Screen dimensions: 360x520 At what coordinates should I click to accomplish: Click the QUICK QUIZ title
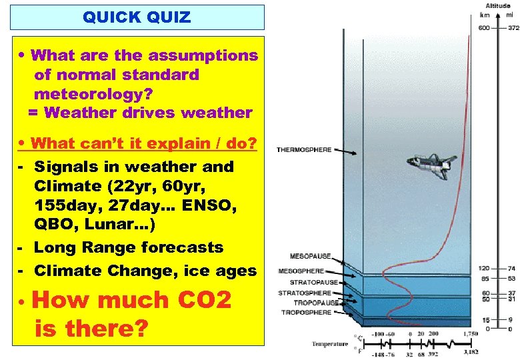tap(137, 17)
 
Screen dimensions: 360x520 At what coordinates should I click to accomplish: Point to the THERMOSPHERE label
tap(303, 150)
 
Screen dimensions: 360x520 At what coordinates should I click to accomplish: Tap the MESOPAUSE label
tap(310, 256)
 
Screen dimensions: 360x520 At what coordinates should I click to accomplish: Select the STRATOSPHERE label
tap(304, 293)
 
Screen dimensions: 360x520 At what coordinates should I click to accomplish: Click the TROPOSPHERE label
tap(306, 312)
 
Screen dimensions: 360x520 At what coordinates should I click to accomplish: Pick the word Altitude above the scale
tap(499, 5)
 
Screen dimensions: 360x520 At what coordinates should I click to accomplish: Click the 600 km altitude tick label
tap(484, 27)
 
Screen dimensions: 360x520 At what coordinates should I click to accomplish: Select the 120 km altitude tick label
tap(484, 267)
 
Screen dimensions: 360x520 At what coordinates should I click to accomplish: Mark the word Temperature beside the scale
tap(330, 344)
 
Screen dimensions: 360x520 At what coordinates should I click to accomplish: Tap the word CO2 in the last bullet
tap(203, 301)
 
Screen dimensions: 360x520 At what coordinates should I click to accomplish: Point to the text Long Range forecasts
tap(129, 247)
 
